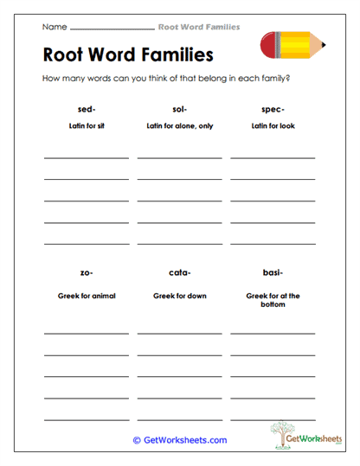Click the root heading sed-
pos(86,109)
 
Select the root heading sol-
pos(179,109)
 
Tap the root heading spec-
pos(273,109)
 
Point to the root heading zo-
pos(86,272)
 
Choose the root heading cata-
pos(179,272)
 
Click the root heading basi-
pos(273,272)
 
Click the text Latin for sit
pos(86,126)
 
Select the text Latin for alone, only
pos(179,126)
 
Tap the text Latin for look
pos(273,126)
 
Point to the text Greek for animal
pos(86,296)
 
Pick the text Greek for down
pos(179,296)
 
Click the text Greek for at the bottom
pos(273,300)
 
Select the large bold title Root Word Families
pos(127,56)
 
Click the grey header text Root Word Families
pos(199,28)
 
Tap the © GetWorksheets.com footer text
pos(179,440)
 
